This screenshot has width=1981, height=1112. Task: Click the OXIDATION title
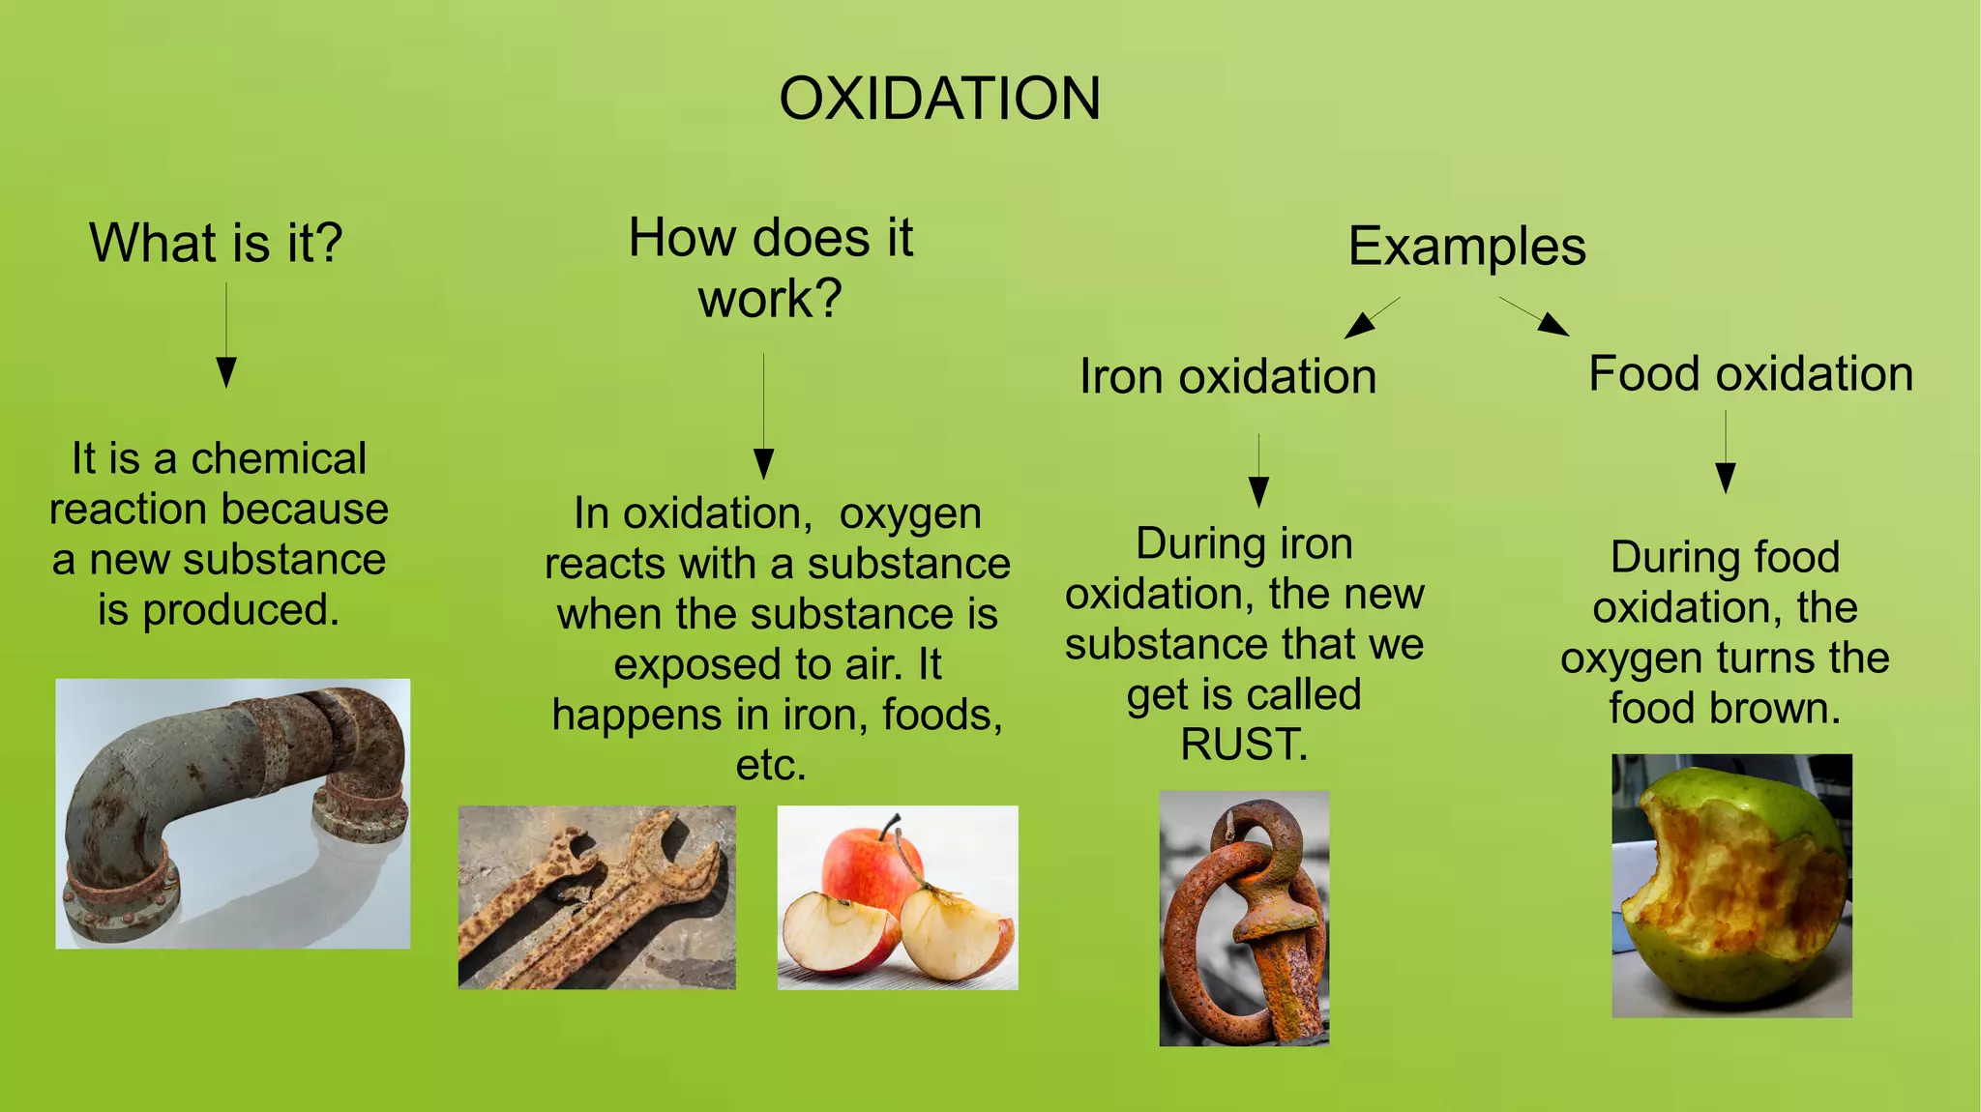click(939, 99)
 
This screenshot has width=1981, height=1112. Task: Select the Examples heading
click(1466, 247)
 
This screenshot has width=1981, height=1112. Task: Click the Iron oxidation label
click(1227, 376)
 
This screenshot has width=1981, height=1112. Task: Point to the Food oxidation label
click(1751, 374)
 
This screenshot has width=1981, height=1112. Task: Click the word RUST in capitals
click(1244, 745)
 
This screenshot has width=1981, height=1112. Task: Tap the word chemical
click(279, 458)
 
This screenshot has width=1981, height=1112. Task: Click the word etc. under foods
click(771, 765)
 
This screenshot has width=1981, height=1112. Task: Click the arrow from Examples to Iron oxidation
click(1371, 318)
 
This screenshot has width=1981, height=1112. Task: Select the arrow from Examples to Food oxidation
click(1535, 316)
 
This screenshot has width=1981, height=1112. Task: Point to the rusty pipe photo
click(232, 813)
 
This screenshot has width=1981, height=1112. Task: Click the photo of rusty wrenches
click(597, 897)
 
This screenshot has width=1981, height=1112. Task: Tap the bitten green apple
click(1731, 886)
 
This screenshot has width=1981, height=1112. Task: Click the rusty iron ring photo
click(1244, 919)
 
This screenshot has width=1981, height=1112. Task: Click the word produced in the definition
click(241, 610)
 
